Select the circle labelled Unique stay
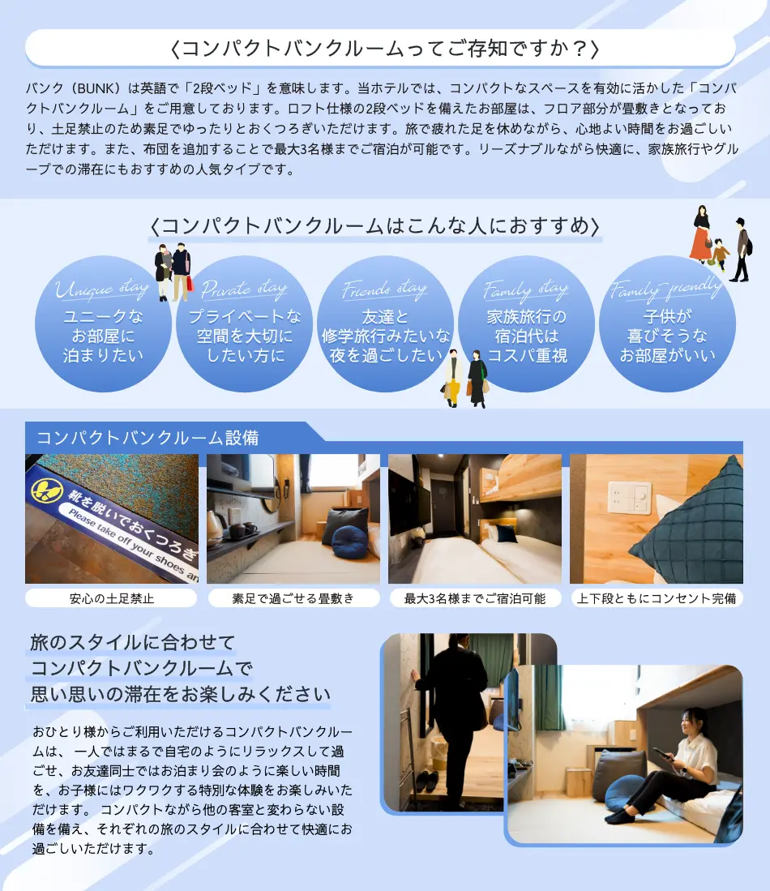[x=103, y=324]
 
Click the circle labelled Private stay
[x=244, y=324]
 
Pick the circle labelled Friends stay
[x=385, y=324]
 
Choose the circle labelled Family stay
[x=526, y=324]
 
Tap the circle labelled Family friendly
[x=667, y=324]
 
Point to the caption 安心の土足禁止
[x=112, y=599]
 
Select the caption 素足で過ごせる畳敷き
[x=293, y=599]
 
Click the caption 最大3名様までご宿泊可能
[x=475, y=599]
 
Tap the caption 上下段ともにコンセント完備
[x=657, y=599]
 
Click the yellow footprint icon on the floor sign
[x=44, y=490]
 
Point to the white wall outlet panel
[x=630, y=496]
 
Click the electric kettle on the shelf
[x=216, y=528]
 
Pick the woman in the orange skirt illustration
[x=701, y=234]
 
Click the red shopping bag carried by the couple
[x=190, y=283]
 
